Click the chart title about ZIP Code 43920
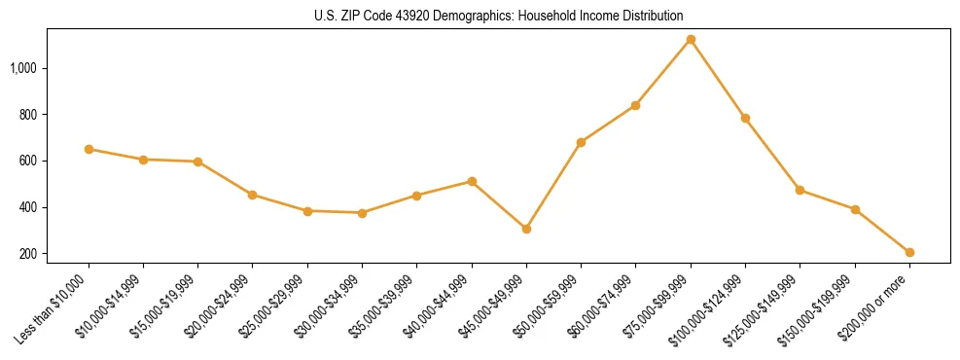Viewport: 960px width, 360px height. (x=499, y=16)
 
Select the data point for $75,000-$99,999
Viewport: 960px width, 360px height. (x=691, y=40)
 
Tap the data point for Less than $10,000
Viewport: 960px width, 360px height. (x=89, y=149)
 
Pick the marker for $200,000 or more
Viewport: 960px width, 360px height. (x=909, y=252)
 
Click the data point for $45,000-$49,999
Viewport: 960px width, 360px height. (x=526, y=229)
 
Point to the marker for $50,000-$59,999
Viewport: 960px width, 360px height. (x=581, y=142)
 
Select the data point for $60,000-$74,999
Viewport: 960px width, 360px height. (x=635, y=105)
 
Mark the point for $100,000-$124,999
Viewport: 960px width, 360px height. (x=745, y=118)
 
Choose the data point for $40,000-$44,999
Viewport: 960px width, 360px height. (x=472, y=181)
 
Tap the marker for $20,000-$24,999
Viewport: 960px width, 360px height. (x=253, y=195)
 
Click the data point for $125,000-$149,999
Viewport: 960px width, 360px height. (x=800, y=190)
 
